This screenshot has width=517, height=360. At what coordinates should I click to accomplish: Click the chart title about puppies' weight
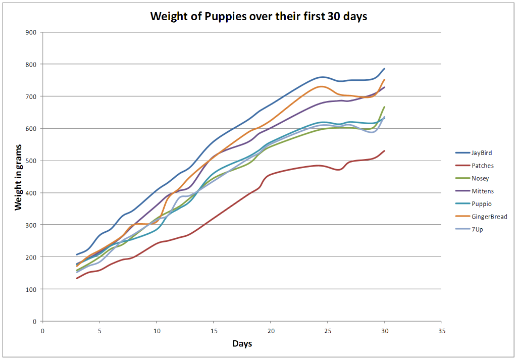tap(258, 16)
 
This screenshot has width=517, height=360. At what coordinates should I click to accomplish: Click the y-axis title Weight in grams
tap(19, 176)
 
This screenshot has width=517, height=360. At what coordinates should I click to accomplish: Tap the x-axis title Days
tap(242, 344)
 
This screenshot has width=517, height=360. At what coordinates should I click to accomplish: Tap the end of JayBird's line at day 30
tap(385, 69)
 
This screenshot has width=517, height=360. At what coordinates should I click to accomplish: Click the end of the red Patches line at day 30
tap(385, 150)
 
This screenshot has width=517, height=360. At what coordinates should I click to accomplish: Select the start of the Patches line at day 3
tap(77, 278)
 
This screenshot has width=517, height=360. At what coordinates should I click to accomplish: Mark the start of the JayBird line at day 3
tap(77, 254)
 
